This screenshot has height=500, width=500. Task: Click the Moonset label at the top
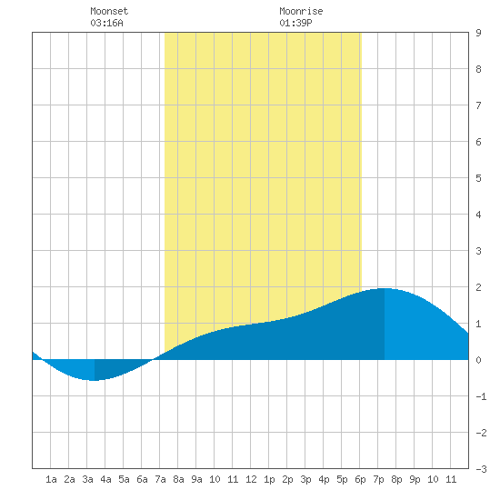coord(109,11)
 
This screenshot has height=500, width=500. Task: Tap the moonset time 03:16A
coord(106,23)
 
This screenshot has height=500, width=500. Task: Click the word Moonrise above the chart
coord(301,11)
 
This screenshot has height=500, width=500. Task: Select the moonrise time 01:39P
coord(295,23)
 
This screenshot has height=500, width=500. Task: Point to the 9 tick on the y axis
coord(478,33)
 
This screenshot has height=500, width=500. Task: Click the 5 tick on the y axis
coord(478,178)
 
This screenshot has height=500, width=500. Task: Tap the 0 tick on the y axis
coord(478,360)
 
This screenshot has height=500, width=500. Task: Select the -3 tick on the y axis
coord(481,469)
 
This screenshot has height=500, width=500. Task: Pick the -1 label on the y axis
coord(481,396)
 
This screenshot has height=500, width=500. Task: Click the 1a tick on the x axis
coord(51,479)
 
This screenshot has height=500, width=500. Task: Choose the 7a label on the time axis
coord(160,479)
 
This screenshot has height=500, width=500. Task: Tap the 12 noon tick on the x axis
coord(251,479)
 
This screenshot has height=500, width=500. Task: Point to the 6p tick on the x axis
coord(360,479)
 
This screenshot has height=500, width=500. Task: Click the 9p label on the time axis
coord(415,479)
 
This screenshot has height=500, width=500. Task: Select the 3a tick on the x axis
coord(87,479)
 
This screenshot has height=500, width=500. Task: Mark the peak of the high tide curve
coord(385,288)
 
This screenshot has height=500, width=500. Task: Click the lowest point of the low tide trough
coord(95,380)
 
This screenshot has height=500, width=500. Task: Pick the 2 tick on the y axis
coord(478,287)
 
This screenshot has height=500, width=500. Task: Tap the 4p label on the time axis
coord(324,479)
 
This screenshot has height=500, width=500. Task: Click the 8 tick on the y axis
coord(478,69)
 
